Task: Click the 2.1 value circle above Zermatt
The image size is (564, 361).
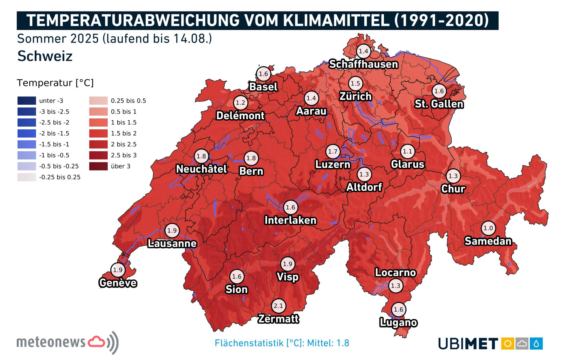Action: click(x=278, y=306)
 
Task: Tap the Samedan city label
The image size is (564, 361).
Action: click(x=488, y=241)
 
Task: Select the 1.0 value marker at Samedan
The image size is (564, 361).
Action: click(x=488, y=228)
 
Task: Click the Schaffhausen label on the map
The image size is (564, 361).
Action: click(x=363, y=64)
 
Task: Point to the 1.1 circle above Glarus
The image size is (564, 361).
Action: click(x=407, y=151)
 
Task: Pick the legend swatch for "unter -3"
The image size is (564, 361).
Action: click(x=27, y=101)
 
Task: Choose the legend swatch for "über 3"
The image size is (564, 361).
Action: click(x=98, y=166)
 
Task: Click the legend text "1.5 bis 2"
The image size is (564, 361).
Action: click(x=124, y=133)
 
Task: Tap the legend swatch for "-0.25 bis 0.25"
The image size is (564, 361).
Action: click(x=27, y=177)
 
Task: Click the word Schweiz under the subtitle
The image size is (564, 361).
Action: click(x=45, y=56)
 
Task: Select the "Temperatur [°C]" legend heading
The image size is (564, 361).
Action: click(x=55, y=83)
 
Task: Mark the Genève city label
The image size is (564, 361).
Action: click(x=118, y=283)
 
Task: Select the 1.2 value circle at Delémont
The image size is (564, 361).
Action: click(x=240, y=103)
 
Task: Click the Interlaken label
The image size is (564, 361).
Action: click(x=291, y=220)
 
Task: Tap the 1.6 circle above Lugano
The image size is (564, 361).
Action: click(x=398, y=310)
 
